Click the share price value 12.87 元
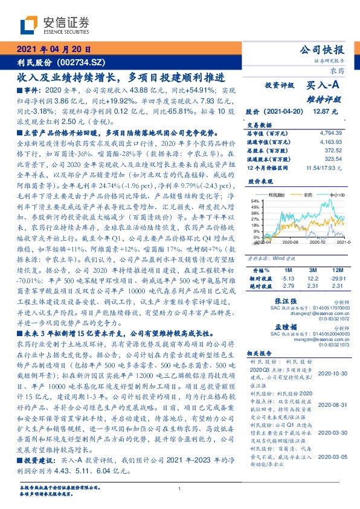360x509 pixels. point(330,112)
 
